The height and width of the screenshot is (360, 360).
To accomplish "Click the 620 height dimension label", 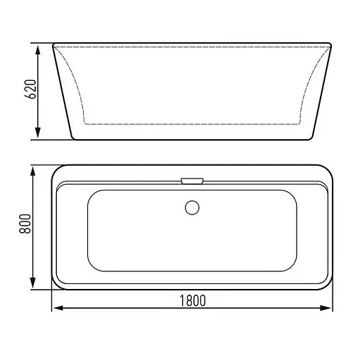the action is click(x=31, y=89).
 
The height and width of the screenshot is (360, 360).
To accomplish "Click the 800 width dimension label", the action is click(x=25, y=224).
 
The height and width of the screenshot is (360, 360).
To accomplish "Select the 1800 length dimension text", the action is click(x=193, y=301).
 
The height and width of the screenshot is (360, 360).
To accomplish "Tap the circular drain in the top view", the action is click(x=192, y=207).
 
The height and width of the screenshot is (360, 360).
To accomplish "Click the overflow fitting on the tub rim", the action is click(x=192, y=181).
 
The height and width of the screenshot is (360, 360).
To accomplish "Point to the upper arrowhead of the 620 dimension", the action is click(x=38, y=51).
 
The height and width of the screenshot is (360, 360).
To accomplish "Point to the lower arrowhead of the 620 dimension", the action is click(x=38, y=133).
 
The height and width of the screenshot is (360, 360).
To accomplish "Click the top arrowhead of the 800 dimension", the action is click(x=33, y=172).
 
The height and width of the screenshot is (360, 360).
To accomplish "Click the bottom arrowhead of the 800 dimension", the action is click(x=33, y=282).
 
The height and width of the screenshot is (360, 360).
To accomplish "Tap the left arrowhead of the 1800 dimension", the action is click(x=58, y=308).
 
